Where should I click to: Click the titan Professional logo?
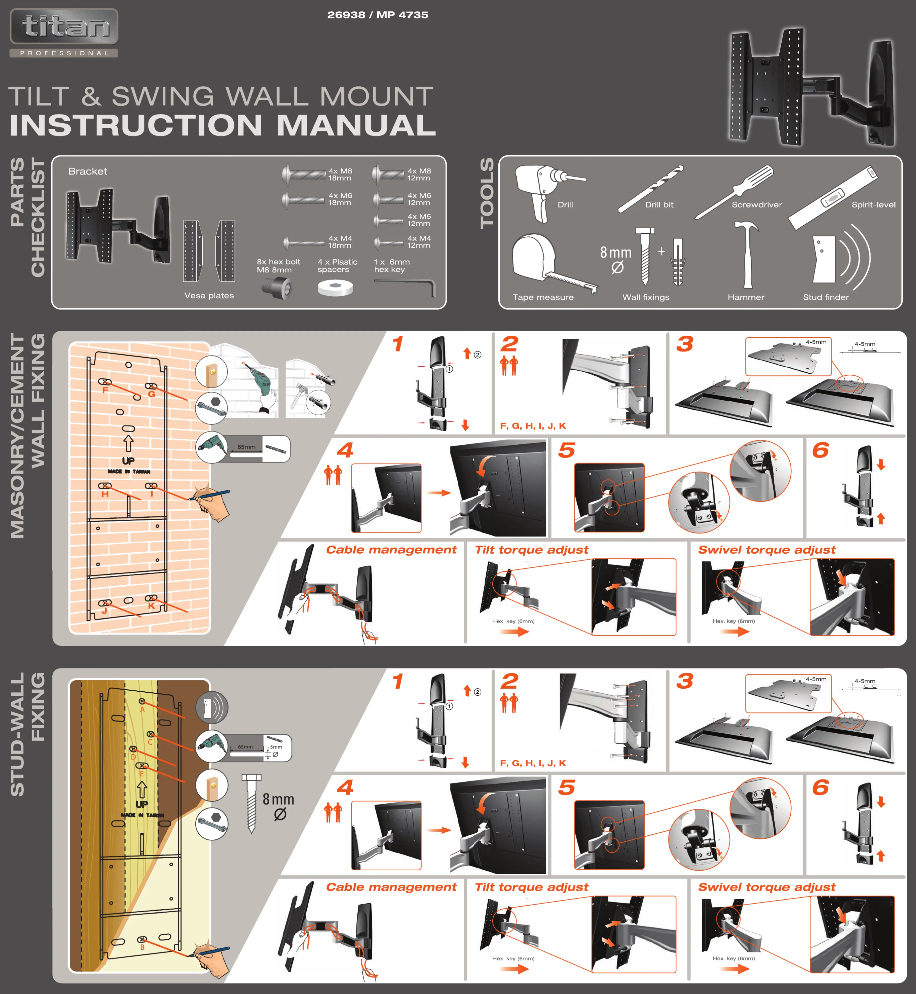64,33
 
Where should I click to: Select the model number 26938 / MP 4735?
378,15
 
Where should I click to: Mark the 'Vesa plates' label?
209,296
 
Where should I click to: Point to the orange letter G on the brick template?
152,394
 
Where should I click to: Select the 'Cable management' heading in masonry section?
391,550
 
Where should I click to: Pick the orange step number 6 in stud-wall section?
820,787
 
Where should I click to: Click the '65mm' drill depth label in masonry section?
246,447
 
